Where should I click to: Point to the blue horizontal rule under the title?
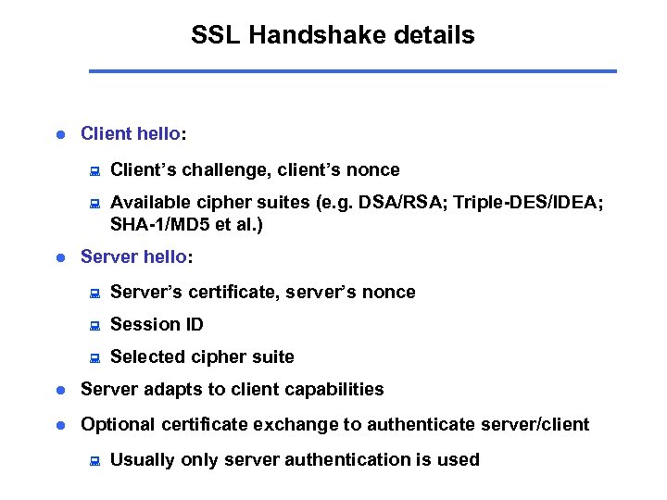point(352,70)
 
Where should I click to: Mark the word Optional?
point(118,424)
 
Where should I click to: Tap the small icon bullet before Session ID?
point(93,326)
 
